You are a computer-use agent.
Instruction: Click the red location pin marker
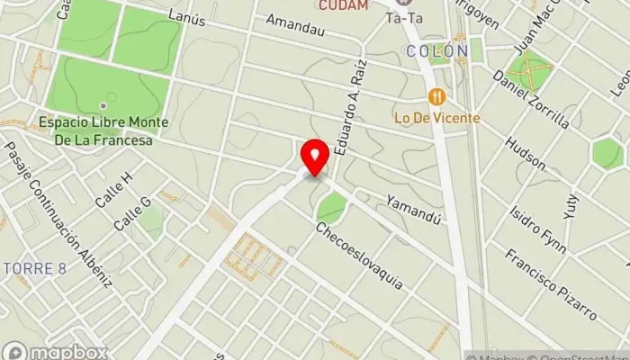tap(315, 157)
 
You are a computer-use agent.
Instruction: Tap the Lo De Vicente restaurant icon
tap(437, 97)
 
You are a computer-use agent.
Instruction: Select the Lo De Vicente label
tap(436, 117)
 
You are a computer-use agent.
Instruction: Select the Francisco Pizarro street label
tap(550, 283)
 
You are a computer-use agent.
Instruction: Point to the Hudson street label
tap(525, 153)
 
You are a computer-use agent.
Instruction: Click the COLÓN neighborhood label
tap(437, 51)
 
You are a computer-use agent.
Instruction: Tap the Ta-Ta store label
tap(403, 18)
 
